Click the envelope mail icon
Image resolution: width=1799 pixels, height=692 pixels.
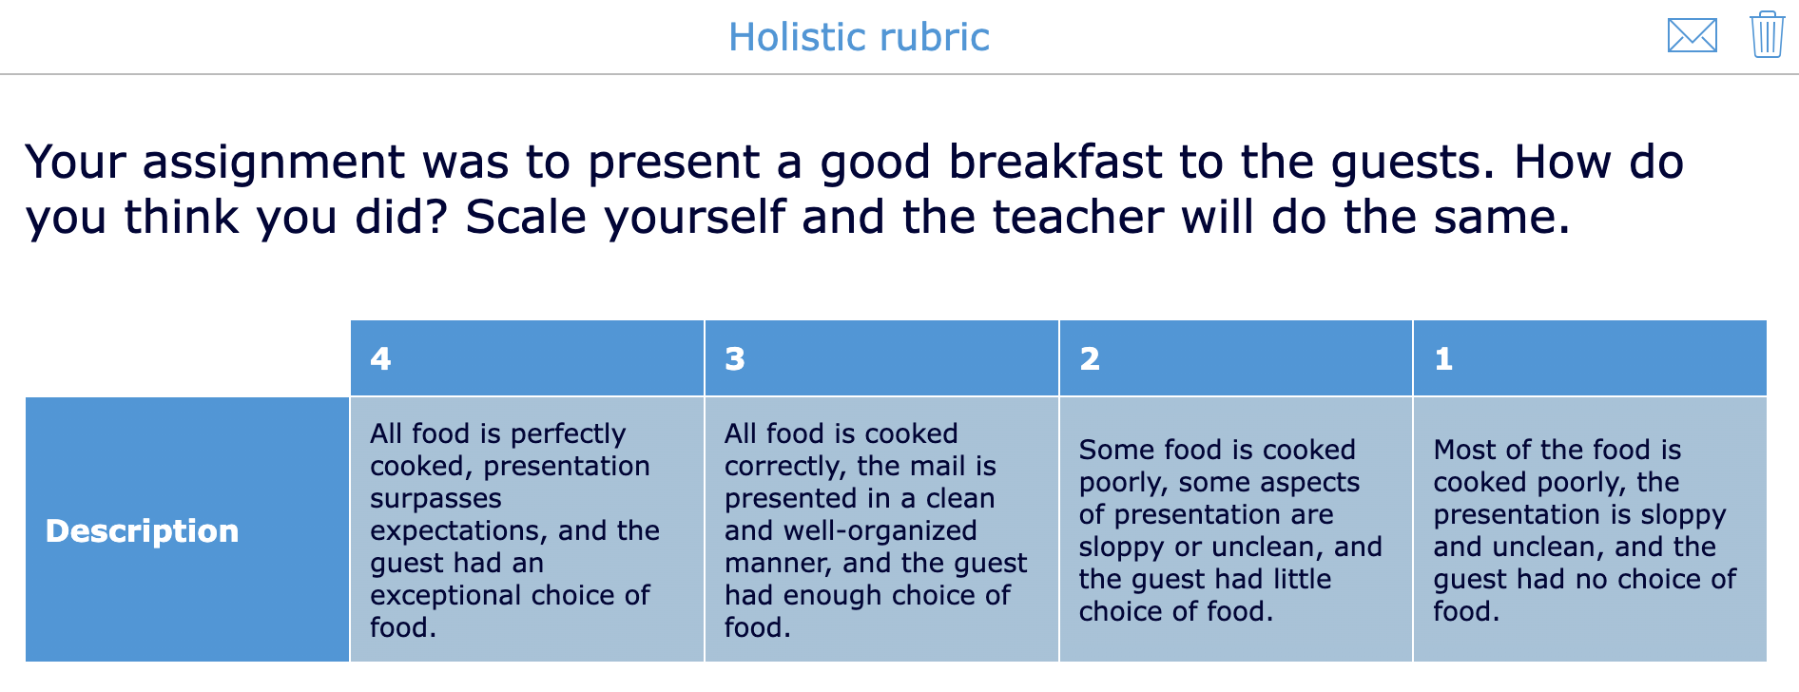click(1692, 36)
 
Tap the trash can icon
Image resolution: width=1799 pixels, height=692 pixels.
click(1767, 35)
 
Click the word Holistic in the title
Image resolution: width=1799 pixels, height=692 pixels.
click(797, 37)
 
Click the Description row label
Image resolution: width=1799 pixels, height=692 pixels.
click(142, 530)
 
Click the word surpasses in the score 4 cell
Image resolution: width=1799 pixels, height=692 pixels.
click(435, 498)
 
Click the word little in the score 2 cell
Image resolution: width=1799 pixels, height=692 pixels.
click(1292, 579)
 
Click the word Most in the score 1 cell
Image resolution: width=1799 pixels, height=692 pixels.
click(1470, 450)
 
